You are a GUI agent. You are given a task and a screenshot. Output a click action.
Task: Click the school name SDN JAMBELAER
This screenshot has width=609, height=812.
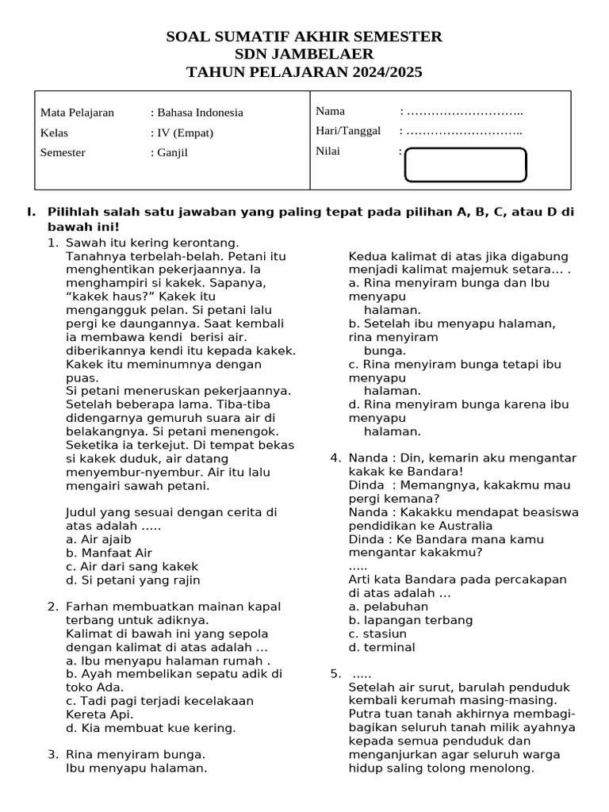(304, 55)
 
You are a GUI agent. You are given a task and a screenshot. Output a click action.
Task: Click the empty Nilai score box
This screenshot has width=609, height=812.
(465, 165)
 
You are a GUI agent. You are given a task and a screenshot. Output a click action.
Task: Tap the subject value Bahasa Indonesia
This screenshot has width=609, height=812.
(199, 113)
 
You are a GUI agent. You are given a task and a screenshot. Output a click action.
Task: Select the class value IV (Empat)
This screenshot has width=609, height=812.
(184, 132)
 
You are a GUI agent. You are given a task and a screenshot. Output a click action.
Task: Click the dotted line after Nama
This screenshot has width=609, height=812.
(463, 111)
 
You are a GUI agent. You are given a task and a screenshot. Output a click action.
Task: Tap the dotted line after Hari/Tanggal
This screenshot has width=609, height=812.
(463, 131)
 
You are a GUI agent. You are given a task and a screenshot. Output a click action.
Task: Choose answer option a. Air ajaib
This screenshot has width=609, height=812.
(98, 539)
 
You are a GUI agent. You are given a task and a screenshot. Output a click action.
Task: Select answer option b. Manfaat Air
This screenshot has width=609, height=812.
(109, 553)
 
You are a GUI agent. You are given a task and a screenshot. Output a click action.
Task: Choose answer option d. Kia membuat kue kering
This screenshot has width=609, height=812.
(151, 728)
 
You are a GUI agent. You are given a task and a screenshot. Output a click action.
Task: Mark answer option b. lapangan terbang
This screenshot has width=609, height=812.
(410, 620)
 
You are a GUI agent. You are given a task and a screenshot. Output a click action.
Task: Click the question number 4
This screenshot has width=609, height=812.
(335, 458)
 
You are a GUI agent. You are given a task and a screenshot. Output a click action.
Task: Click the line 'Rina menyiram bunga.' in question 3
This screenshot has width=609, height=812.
(136, 754)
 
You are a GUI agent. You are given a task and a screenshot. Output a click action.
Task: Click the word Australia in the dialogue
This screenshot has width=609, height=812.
(463, 526)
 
